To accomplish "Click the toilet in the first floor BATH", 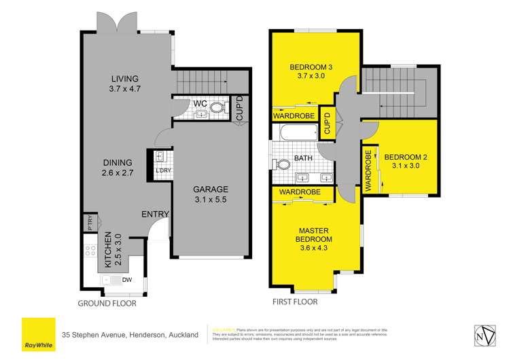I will tap(281, 164).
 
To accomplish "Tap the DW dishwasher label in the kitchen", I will tap(126, 280).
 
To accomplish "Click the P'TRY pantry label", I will tap(89, 222).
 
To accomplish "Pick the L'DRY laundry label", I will tap(162, 170).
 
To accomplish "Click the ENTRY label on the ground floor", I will tap(155, 215).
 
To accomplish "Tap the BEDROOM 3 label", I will tap(310, 72).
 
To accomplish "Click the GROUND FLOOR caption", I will tap(107, 304).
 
